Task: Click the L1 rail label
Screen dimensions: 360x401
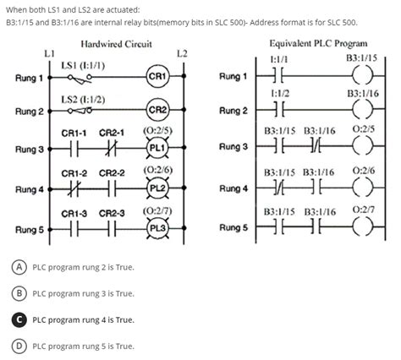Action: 49,53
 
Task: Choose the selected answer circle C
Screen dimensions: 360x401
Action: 18,320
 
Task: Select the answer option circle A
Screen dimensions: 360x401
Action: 18,267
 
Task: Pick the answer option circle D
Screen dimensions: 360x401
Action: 18,346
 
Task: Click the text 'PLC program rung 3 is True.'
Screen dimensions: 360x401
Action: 83,294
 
